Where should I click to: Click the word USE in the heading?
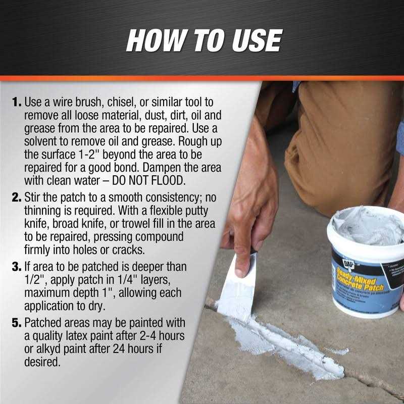[x=251, y=41]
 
